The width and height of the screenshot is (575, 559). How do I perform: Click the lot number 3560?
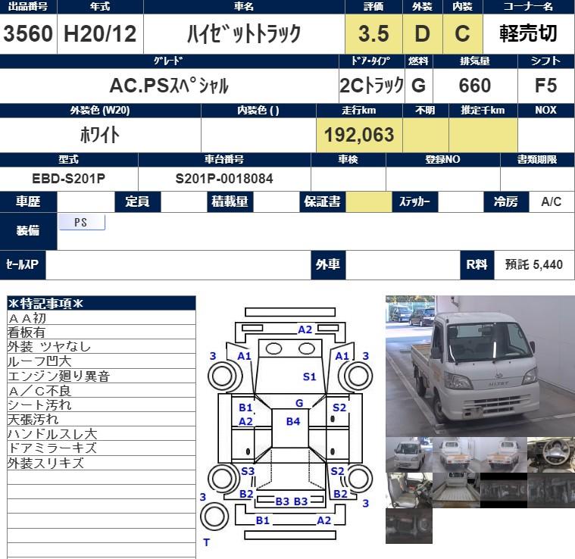[x=28, y=34]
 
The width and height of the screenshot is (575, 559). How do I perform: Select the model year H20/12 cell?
[x=100, y=34]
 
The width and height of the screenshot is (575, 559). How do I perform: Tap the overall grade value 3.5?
[x=373, y=34]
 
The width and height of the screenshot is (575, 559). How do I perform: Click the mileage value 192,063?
[x=359, y=135]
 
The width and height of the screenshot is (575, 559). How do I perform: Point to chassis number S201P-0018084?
[x=224, y=179]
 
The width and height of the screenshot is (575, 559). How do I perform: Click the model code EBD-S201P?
[x=69, y=179]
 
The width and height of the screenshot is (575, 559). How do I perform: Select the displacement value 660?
[x=474, y=85]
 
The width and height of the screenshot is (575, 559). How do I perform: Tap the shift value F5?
[x=545, y=85]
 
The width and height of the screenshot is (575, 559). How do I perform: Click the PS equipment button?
[x=81, y=223]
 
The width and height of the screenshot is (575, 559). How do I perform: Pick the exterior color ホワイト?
[x=100, y=135]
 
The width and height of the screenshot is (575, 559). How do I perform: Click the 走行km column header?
[x=359, y=111]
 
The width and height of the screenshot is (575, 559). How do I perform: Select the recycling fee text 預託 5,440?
[x=533, y=264]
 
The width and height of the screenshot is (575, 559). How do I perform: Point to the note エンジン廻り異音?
[x=58, y=376]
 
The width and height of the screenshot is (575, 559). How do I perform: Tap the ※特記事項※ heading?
[x=45, y=304]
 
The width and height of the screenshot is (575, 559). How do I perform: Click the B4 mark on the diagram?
[x=293, y=421]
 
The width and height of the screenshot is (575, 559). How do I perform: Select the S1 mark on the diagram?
[x=309, y=376]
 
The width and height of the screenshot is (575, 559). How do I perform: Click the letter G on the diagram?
[x=299, y=403]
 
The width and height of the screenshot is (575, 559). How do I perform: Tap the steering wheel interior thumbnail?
[x=551, y=454]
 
